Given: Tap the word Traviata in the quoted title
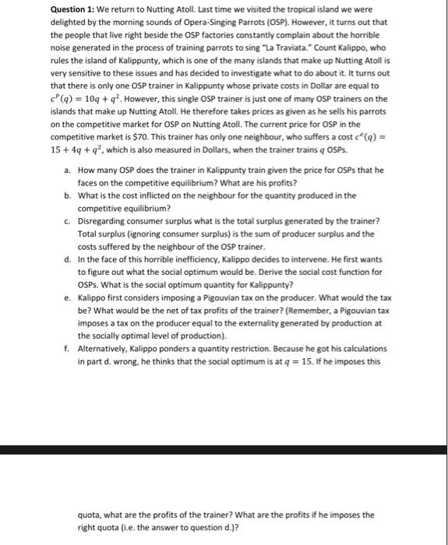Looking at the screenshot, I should pyautogui.click(x=278, y=47).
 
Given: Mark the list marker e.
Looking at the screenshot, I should pyautogui.click(x=69, y=297).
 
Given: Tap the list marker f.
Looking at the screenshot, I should pyautogui.click(x=69, y=350).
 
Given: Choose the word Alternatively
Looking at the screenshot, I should pyautogui.click(x=105, y=350).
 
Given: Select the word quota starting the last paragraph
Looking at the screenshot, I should pyautogui.click(x=90, y=514).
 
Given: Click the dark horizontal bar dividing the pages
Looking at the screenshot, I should pyautogui.click(x=224, y=449).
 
